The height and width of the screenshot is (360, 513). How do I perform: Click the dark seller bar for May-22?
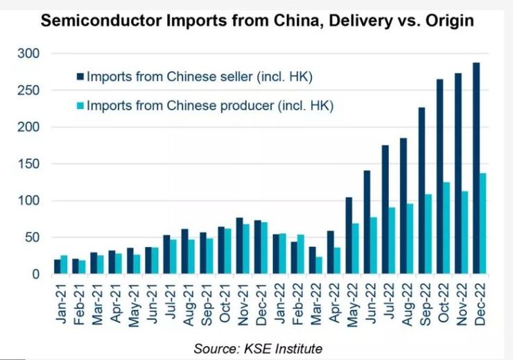[x=349, y=236]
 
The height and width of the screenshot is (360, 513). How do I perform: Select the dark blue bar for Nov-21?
[x=240, y=246]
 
